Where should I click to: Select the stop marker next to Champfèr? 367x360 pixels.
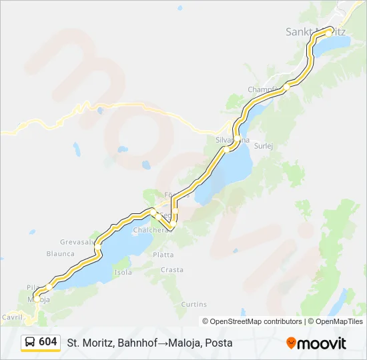286,87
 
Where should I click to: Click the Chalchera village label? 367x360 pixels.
149,230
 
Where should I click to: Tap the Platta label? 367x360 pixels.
163,255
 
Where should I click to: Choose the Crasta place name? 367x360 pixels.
171,270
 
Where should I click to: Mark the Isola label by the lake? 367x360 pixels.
123,273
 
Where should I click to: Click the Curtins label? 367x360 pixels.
194,304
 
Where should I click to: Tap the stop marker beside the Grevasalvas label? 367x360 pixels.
97,247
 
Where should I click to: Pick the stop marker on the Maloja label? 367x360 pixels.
37,297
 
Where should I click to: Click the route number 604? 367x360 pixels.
48,342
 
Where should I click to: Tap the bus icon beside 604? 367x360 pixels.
31,343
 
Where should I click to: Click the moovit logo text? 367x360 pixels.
322,343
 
